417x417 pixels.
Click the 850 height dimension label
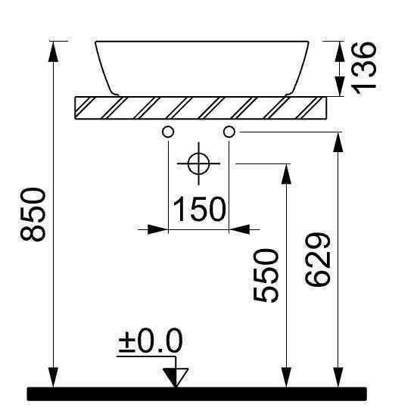tap(33, 215)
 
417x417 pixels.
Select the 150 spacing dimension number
tap(199, 209)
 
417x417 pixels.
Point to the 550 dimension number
tap(266, 275)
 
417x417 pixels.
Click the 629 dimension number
tap(317, 260)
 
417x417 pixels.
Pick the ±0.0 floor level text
tap(151, 341)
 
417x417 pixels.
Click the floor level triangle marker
tap(176, 377)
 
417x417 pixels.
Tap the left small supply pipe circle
tap(168, 132)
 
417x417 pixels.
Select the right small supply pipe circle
tap(229, 132)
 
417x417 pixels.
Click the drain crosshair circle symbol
tap(198, 163)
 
